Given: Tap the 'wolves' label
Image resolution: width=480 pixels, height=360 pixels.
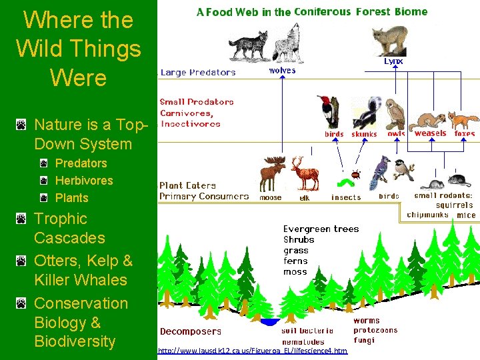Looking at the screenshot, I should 282,70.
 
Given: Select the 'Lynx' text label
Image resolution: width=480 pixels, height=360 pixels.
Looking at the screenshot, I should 393,61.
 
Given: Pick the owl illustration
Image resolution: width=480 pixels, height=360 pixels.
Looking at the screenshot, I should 396,115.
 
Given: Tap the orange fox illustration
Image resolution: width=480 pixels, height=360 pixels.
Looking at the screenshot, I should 463,120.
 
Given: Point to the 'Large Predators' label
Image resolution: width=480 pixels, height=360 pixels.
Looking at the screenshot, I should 197,73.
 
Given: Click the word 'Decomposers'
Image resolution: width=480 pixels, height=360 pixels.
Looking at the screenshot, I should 191,331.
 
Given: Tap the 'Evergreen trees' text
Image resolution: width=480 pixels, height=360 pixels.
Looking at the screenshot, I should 321,229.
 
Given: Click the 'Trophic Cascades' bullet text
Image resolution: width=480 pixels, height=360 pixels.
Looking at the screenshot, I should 69,228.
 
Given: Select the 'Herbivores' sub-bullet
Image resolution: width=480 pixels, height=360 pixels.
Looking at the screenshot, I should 84,180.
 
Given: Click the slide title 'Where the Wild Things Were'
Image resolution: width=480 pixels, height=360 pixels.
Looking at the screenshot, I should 78,49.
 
